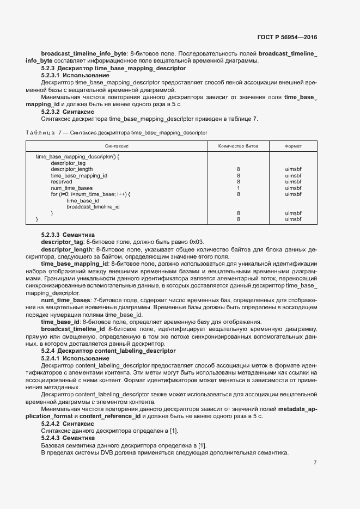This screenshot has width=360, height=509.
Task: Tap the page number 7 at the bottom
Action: click(x=315, y=462)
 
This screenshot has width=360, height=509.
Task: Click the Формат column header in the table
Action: click(x=293, y=146)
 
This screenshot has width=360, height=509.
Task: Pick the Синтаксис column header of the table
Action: click(x=117, y=146)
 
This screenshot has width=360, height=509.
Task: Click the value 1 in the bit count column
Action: click(x=239, y=188)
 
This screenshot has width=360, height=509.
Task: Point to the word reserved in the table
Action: click(x=62, y=182)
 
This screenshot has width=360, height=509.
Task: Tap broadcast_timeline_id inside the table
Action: click(x=93, y=207)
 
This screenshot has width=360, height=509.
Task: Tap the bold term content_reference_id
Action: click(x=115, y=416)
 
